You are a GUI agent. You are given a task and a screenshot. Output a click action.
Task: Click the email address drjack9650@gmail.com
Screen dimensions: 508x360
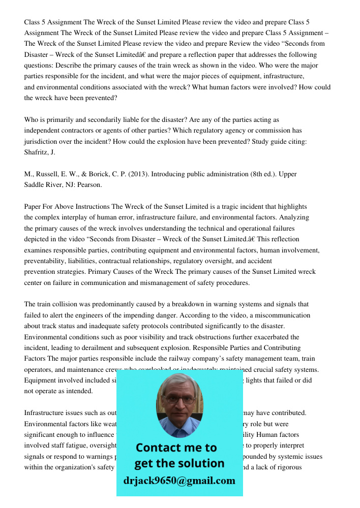point(179,481)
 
